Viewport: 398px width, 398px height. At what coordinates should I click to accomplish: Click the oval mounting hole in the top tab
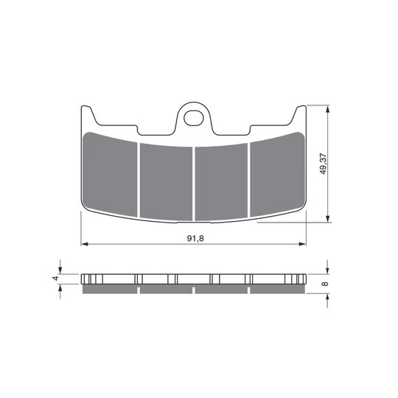click(x=194, y=118)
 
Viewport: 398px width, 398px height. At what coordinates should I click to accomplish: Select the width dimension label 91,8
click(x=195, y=238)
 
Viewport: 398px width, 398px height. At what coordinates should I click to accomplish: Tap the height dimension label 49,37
click(x=323, y=164)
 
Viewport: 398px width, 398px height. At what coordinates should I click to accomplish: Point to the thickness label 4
click(x=55, y=278)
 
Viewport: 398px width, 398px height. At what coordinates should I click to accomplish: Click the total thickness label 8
click(x=325, y=284)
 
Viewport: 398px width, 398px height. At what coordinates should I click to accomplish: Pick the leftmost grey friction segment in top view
click(x=110, y=174)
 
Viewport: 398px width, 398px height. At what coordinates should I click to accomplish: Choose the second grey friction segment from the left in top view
click(x=167, y=182)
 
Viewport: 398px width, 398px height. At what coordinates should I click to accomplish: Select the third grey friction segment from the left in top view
click(x=221, y=182)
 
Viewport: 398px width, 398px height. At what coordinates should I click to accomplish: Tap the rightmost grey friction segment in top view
click(x=277, y=174)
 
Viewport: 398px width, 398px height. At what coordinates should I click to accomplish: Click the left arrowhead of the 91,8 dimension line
click(x=84, y=244)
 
